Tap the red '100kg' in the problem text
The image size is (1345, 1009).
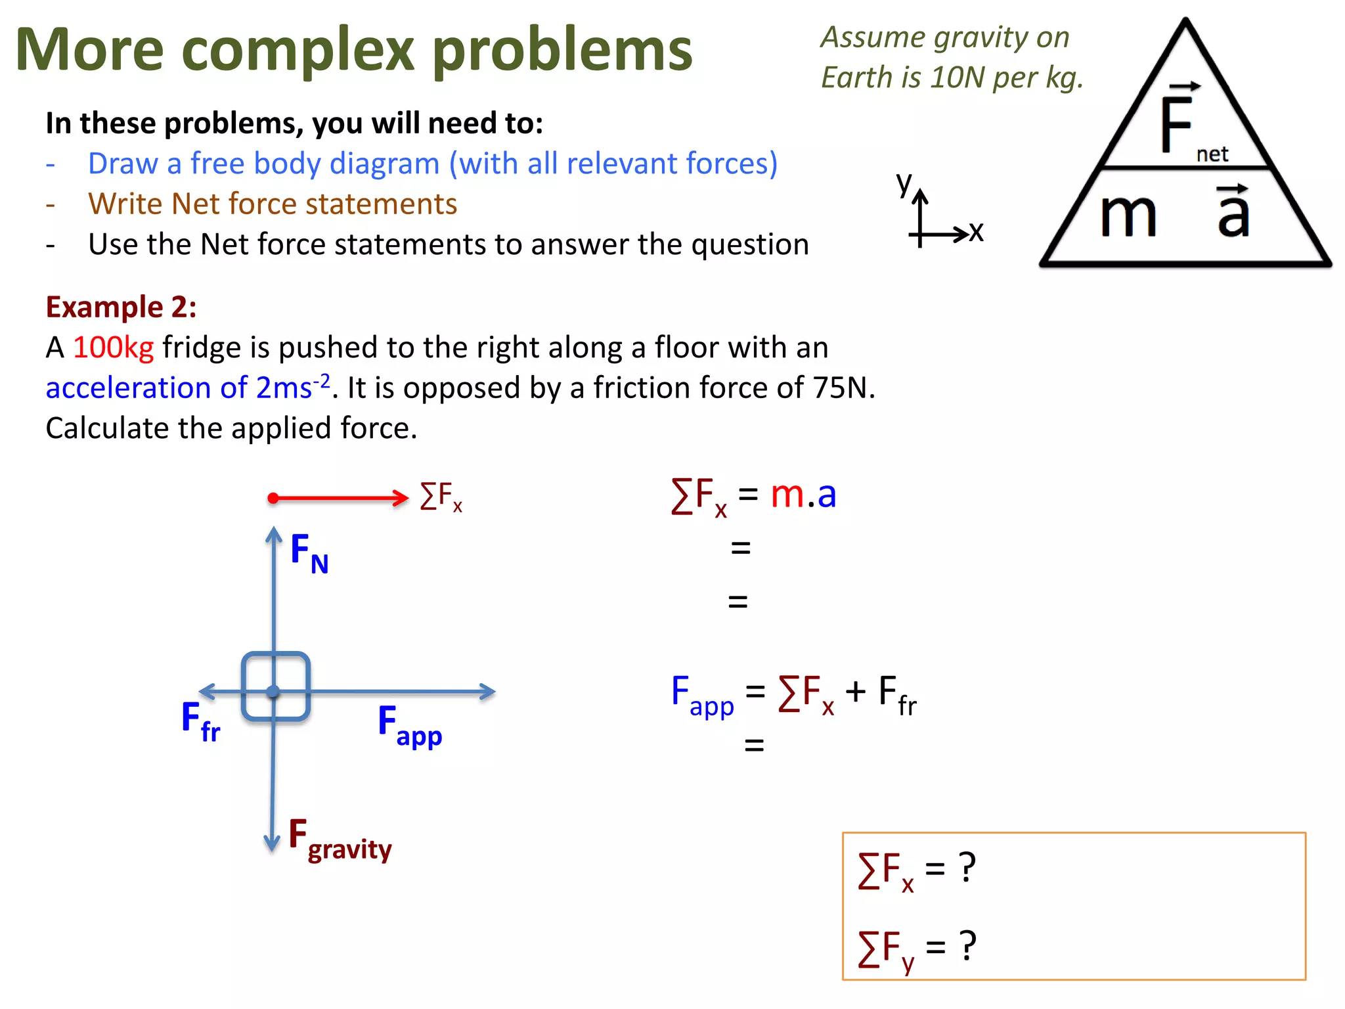113,348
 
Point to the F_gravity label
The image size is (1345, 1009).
340,840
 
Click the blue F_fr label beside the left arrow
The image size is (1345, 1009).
200,721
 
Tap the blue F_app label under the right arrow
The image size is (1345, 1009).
409,725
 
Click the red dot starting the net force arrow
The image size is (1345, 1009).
273,499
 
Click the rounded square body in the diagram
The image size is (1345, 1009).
276,686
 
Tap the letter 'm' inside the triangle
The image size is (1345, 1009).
1128,215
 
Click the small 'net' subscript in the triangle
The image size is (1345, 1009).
1212,154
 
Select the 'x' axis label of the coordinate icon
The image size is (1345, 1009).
977,232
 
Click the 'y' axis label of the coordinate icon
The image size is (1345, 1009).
904,183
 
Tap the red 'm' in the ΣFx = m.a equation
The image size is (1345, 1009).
787,494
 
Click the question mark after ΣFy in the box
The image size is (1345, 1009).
967,946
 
